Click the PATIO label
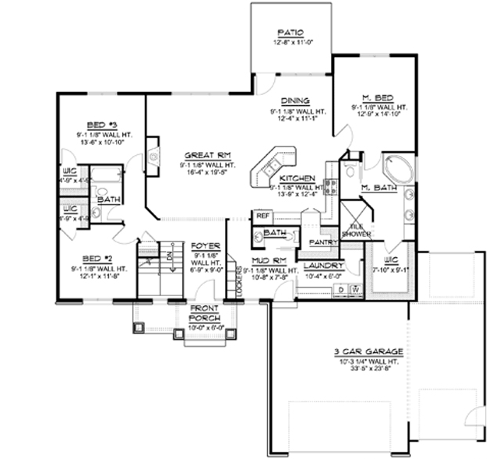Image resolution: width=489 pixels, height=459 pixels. click(289, 33)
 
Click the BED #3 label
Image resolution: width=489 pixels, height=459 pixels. click(101, 125)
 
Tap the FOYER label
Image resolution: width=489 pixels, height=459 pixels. click(206, 246)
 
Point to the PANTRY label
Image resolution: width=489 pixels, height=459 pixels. click(323, 242)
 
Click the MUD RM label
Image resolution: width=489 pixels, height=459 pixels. click(266, 260)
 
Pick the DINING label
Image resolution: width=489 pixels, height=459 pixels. click(297, 101)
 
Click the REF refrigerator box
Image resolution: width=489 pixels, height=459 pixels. click(262, 214)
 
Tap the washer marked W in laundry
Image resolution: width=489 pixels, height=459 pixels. click(355, 289)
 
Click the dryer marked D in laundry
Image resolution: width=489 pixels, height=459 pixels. click(340, 289)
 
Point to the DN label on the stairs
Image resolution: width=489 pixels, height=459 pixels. click(169, 254)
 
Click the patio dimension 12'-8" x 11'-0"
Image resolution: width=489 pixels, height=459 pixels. click(289, 43)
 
